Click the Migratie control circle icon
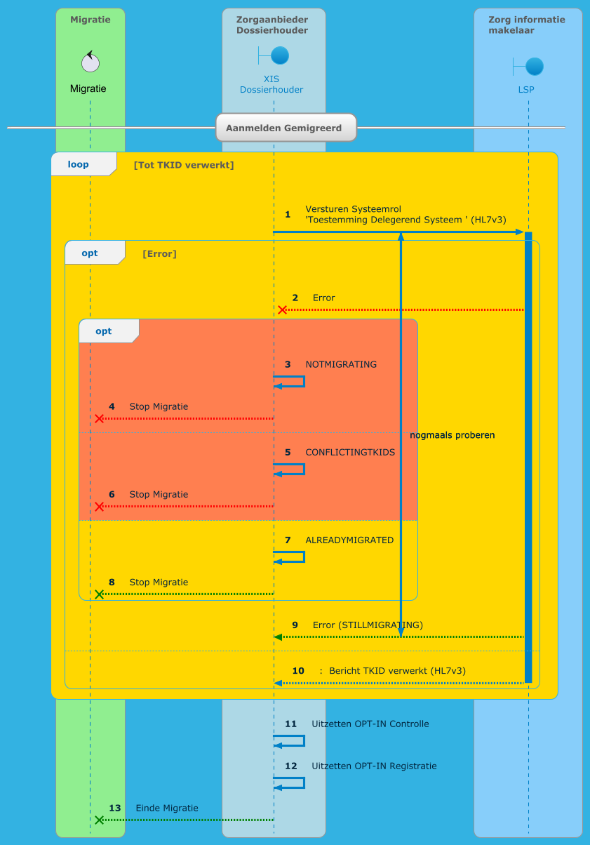pos(90,62)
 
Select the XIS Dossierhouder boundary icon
pos(279,55)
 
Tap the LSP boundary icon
pos(533,66)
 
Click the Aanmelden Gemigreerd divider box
pos(286,128)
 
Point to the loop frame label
pos(79,164)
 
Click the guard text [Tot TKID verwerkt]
pos(184,165)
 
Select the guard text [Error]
pos(159,253)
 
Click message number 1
pos(288,214)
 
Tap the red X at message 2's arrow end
pos(282,310)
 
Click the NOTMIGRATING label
pos(341,364)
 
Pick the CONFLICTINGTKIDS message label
pos(350,452)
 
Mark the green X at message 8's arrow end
pos(99,594)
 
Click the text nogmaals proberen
pos(452,435)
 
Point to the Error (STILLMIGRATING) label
pos(368,625)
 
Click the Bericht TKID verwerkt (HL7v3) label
pos(397,670)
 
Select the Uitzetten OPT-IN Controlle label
pos(370,724)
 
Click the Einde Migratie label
pos(167,808)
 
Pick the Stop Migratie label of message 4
pos(159,406)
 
